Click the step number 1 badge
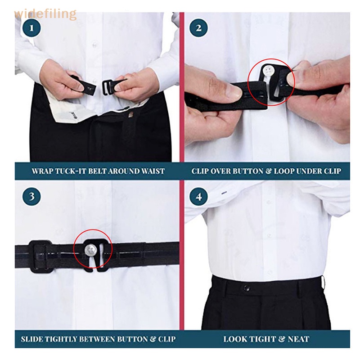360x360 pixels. coord(31,29)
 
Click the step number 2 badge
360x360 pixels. coord(198,29)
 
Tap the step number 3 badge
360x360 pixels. coord(31,197)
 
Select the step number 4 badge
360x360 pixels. coord(198,197)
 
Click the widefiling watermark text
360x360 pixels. coord(45,14)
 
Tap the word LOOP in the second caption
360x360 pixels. coord(288,171)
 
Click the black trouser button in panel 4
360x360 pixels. coord(247,288)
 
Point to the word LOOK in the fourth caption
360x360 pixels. coord(235,338)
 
